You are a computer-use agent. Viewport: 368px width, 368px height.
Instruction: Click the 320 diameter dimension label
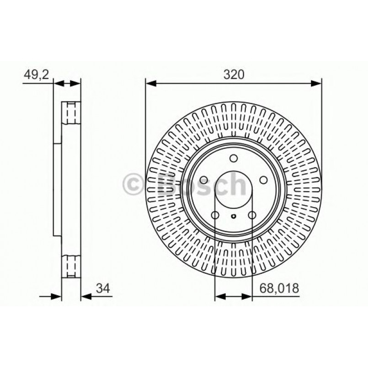pyautogui.click(x=234, y=74)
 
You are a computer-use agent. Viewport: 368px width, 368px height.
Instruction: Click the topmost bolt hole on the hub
pyautogui.click(x=234, y=159)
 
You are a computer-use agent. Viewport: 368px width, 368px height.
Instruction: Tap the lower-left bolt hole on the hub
pyautogui.click(x=215, y=215)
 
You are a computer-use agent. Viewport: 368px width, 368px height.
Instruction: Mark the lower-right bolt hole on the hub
pyautogui.click(x=251, y=215)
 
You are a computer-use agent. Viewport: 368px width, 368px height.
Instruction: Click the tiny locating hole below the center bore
pyautogui.click(x=234, y=217)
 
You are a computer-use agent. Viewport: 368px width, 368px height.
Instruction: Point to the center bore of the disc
pyautogui.click(x=234, y=189)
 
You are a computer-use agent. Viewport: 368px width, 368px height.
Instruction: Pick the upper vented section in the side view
pyautogui.click(x=71, y=112)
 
